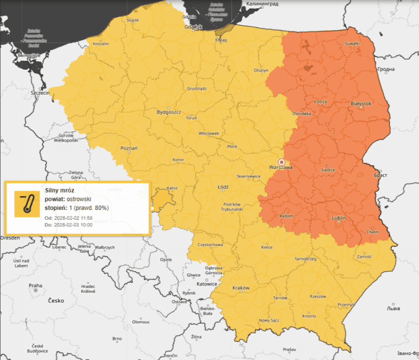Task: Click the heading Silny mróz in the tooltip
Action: [60, 190]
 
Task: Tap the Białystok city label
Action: [361, 104]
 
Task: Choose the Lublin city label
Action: [339, 218]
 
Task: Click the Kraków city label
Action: [241, 288]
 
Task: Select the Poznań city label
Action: [129, 148]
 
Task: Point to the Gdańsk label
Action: [193, 27]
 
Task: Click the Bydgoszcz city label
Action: [168, 112]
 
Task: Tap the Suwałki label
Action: [352, 43]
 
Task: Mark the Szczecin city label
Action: [40, 92]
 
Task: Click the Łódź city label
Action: [223, 187]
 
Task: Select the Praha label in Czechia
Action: [35, 286]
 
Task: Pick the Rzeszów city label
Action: [318, 296]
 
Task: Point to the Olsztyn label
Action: [261, 70]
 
